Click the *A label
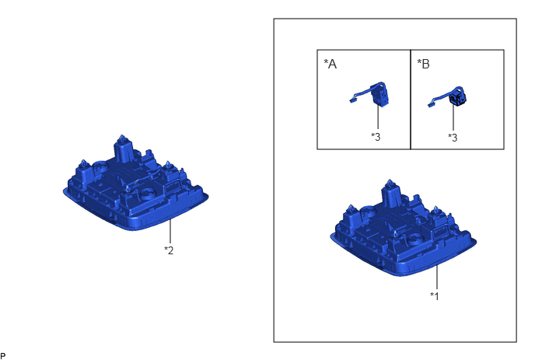pos(330,64)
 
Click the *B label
pos(423,64)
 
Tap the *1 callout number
pos(435,295)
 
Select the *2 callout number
pos(169,250)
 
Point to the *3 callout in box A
pos(376,137)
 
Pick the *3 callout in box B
pos(453,138)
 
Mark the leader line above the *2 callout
pos(170,232)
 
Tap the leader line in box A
pos(378,117)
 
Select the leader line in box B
pos(453,117)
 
